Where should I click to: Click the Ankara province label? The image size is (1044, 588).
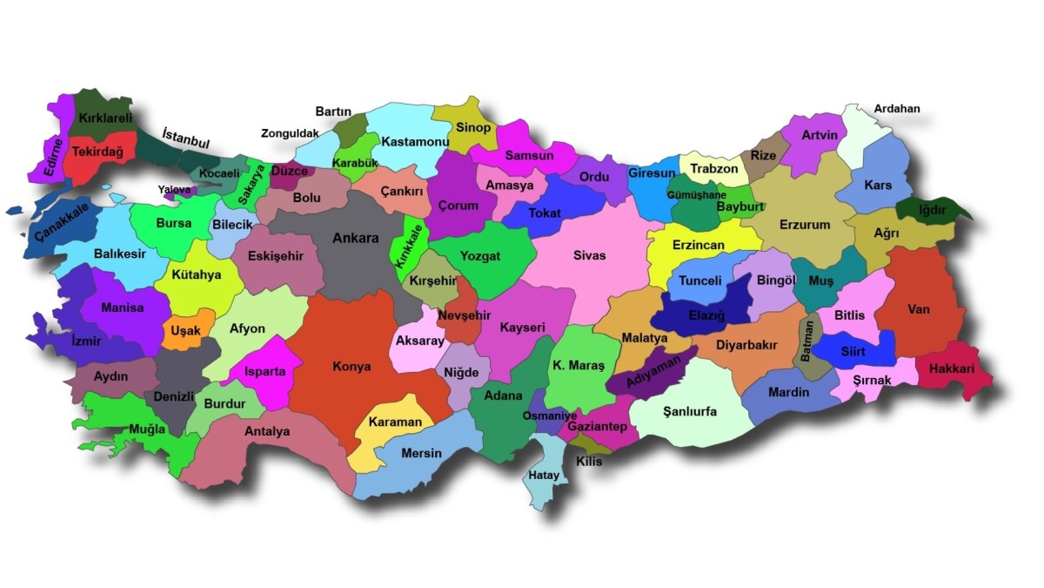coord(355,239)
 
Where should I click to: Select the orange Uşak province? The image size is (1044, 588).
coord(185,331)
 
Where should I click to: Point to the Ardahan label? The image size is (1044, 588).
coord(896,109)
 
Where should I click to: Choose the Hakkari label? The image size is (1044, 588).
coord(951,369)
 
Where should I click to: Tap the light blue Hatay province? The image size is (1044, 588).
coord(544,475)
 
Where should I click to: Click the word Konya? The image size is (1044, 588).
coord(351,367)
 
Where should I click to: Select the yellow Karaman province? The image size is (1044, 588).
coord(395,422)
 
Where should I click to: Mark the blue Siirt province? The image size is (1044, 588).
coord(853,352)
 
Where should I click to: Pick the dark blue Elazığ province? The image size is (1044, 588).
coord(706,314)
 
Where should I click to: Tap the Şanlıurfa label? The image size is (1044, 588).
coord(689,411)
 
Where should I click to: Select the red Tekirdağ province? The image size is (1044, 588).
coord(97,152)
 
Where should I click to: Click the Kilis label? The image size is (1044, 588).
coord(588,462)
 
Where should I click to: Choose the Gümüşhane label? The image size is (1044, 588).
coord(696,195)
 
